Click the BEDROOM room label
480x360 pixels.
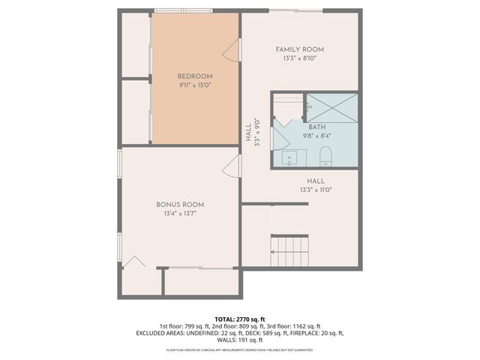pyautogui.click(x=195, y=76)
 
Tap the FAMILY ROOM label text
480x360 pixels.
pyautogui.click(x=299, y=49)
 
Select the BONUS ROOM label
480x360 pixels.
pyautogui.click(x=180, y=204)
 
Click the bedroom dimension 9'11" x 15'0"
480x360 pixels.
pyautogui.click(x=195, y=85)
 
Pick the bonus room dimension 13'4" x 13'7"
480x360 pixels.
pyautogui.click(x=180, y=214)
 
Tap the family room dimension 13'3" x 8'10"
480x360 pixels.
pyautogui.click(x=299, y=58)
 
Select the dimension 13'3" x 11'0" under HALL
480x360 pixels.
pyautogui.click(x=315, y=190)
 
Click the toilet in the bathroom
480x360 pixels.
pyautogui.click(x=325, y=156)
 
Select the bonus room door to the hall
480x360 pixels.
pyautogui.click(x=232, y=169)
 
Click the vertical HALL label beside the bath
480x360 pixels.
pyautogui.click(x=248, y=133)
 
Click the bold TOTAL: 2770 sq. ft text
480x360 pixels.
pyautogui.click(x=239, y=319)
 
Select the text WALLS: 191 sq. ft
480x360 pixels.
pyautogui.click(x=239, y=340)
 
